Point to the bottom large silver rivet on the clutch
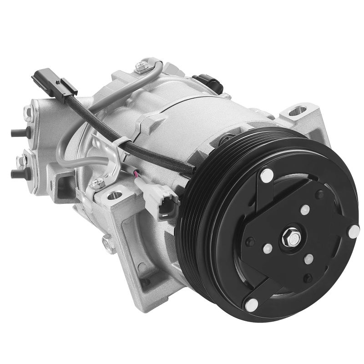(x=250, y=303)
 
